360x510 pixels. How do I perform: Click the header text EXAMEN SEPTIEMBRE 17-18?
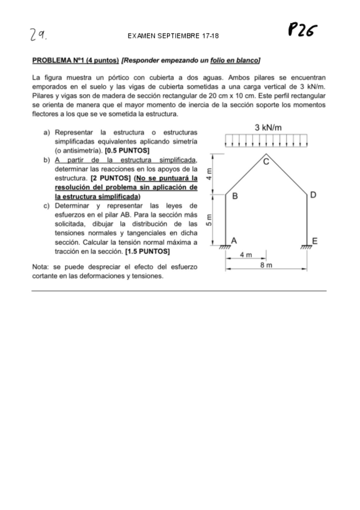pos(173,36)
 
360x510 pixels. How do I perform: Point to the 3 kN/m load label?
pos(269,127)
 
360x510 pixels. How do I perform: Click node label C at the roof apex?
pos(267,160)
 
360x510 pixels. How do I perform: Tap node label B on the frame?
pos(235,196)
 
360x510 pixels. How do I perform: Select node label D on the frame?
pos(313,195)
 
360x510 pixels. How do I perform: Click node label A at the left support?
pos(234,240)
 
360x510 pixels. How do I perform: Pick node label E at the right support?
pos(314,241)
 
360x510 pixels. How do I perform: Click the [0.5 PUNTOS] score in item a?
pos(127,150)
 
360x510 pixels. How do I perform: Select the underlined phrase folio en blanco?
pos(235,61)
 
